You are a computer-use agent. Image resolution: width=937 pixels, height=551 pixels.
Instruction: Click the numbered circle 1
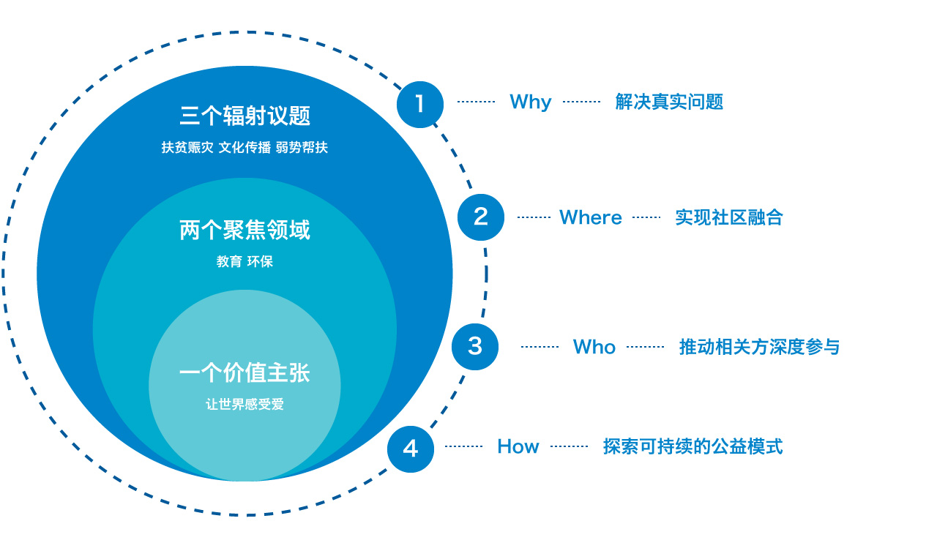pos(420,104)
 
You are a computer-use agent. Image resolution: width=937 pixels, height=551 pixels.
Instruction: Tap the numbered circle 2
pos(481,217)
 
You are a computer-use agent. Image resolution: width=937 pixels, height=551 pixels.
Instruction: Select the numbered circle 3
pos(475,346)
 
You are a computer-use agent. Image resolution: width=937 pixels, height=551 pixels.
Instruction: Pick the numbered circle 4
pos(411,449)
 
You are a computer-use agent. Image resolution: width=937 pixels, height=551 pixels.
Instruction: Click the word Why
pos(530,102)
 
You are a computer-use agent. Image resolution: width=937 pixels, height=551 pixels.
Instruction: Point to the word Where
pos(591,217)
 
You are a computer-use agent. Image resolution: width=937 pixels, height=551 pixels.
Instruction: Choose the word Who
pos(594,347)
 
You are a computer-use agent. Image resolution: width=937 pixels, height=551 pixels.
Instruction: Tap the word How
pos(518,446)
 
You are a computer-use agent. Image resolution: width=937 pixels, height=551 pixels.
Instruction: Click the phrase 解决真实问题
pos(669,102)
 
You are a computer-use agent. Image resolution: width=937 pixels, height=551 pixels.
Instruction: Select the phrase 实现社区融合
pos(728,217)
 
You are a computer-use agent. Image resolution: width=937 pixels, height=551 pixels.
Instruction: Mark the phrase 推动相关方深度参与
pos(759,347)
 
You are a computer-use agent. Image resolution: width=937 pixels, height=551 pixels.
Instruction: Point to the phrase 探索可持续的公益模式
pos(693,446)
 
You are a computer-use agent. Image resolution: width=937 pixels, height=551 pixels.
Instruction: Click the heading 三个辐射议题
pos(244,116)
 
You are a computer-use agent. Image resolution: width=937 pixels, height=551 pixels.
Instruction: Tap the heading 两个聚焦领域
pos(244,230)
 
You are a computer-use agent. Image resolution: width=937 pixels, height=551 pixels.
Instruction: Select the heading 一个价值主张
pos(244,373)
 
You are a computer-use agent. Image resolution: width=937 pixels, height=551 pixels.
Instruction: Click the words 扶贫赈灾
pos(187,147)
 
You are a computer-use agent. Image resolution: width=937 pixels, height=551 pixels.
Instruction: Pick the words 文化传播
pos(244,147)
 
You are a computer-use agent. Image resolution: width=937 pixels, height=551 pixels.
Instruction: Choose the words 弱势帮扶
pos(302,147)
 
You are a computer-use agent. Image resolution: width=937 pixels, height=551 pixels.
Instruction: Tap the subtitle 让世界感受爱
pos(244,404)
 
